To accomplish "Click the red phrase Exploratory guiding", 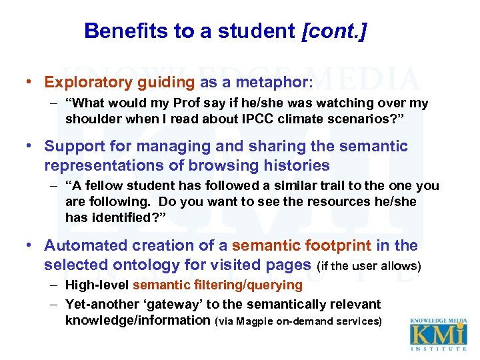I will coord(119,82).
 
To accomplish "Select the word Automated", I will coord(84,245).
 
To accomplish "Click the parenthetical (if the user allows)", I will coord(369,266).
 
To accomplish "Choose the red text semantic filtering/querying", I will coord(217,285).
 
